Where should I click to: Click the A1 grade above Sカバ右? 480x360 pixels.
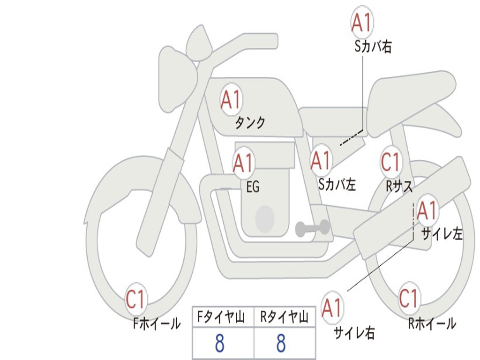click(362, 22)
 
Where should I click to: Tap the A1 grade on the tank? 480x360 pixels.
click(231, 99)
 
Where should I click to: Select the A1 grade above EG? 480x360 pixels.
click(243, 163)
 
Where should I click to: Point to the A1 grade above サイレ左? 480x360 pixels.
click(427, 210)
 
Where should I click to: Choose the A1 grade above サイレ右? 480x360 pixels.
click(332, 307)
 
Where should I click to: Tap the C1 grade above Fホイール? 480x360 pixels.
click(135, 299)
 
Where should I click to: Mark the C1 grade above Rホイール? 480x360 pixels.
click(408, 298)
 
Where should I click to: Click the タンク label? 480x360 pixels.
click(250, 123)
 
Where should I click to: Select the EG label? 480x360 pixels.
click(253, 187)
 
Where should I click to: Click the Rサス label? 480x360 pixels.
click(399, 186)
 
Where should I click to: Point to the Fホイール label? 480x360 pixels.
click(157, 323)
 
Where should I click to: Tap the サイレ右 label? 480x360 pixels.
click(354, 333)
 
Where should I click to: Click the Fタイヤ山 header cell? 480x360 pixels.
click(223, 317)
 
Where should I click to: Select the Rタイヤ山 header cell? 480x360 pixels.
click(285, 317)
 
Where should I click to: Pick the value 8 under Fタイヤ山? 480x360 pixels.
click(220, 343)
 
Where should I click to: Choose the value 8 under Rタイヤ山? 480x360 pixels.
click(281, 343)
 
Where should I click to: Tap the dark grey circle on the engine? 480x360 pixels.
click(265, 218)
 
